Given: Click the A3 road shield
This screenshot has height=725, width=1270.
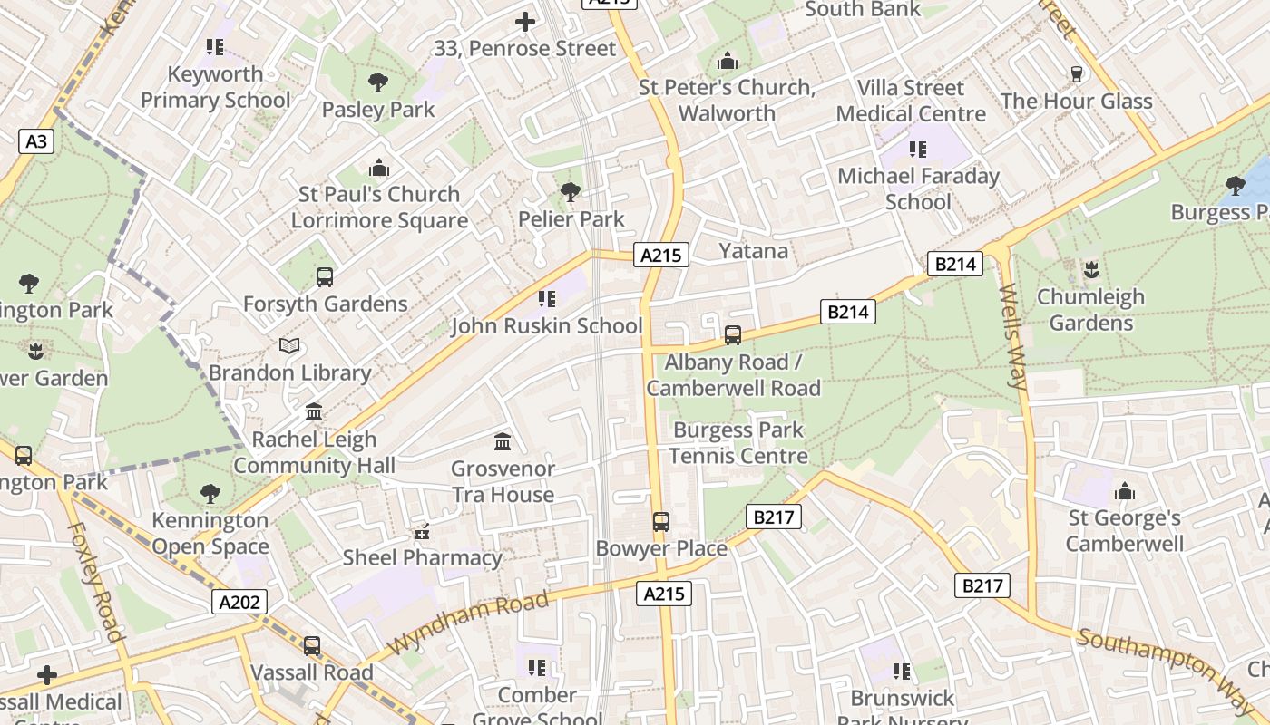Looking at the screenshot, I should pos(35,141).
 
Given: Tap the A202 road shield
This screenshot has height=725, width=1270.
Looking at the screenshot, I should pos(239,602).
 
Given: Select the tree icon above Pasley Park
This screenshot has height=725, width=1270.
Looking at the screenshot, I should pos(378,83).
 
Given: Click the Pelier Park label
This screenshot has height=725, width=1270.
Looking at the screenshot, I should pos(571,219).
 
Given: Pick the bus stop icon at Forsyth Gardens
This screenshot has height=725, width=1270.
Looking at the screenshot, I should pos(325,277).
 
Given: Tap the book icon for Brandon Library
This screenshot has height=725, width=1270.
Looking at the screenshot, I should pos(289,346).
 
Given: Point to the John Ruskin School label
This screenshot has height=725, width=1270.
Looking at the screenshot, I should pos(546,326).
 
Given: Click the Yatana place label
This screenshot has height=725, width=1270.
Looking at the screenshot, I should pos(753,251).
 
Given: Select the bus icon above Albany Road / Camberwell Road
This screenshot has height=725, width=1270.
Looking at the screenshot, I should pos(733,335).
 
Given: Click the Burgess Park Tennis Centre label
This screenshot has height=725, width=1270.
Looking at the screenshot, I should pos(738,443).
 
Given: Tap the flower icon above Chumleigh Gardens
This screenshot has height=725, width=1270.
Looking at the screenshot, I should pos(1091,270).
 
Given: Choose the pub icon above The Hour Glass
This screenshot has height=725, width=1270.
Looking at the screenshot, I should pos(1077,74).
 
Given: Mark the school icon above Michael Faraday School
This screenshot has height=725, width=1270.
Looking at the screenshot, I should pos(918,150).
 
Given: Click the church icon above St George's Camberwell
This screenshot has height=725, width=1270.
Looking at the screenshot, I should pos(1125,492).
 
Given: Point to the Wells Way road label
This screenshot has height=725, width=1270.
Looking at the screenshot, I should pos(1012,336).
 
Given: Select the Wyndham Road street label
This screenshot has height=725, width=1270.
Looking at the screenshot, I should pos(470,623).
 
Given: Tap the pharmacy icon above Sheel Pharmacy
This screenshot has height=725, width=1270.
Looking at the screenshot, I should pos(421,532).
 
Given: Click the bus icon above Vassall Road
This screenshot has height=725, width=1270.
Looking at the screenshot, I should pos(312,646).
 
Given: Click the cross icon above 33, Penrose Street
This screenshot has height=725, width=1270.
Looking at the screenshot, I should pos(524,22).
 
